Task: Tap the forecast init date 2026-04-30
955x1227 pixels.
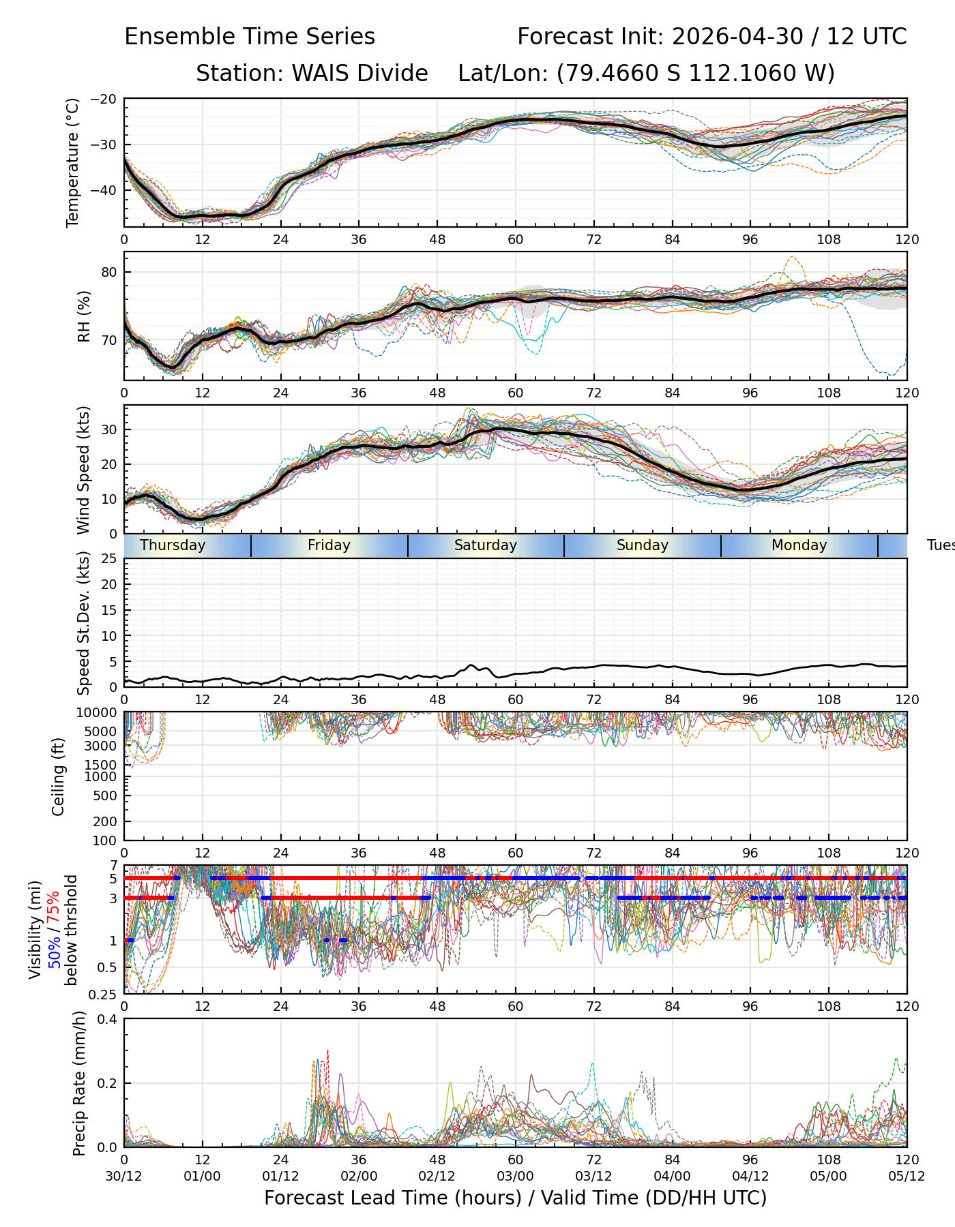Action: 737,37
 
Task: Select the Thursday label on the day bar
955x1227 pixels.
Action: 173,545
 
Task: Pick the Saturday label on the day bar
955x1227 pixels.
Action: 486,545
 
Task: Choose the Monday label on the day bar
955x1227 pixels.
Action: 799,545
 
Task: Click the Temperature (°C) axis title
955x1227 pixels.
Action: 73,162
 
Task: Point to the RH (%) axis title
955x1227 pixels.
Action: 84,316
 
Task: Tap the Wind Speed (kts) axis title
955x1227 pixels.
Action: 83,470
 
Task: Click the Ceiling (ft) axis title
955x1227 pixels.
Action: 59,776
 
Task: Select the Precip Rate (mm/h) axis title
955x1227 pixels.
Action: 79,1083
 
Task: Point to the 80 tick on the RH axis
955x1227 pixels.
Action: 110,272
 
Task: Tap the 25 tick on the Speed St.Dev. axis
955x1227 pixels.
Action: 110,559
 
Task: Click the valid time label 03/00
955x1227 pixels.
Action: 516,1176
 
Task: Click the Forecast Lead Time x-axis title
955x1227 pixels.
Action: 516,1198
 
